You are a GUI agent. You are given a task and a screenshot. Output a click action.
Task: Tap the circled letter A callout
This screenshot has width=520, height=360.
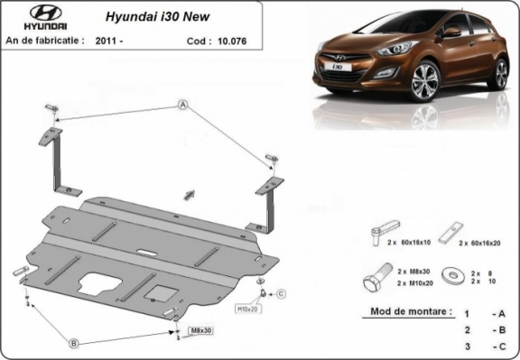pyautogui.click(x=182, y=106)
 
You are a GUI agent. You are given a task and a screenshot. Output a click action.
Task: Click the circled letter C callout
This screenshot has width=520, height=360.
pyautogui.click(x=281, y=293)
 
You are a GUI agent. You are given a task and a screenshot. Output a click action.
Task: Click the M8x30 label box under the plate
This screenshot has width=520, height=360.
pyautogui.click(x=201, y=332)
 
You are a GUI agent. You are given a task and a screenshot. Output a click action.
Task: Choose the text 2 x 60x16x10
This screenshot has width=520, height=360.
pyautogui.click(x=407, y=244)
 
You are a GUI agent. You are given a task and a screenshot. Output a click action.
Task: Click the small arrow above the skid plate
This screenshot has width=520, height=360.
pyautogui.click(x=189, y=193)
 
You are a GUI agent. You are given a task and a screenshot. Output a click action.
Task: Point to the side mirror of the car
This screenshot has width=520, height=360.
pyautogui.click(x=450, y=32)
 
